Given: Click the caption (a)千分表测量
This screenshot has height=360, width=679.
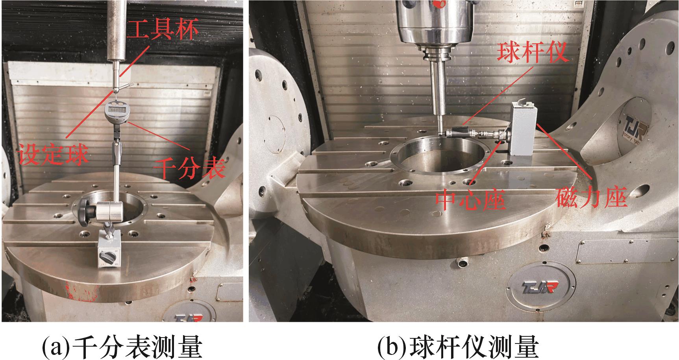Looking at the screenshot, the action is coord(122,347).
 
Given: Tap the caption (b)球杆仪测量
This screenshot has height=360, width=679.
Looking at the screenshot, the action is coord(458,347).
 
